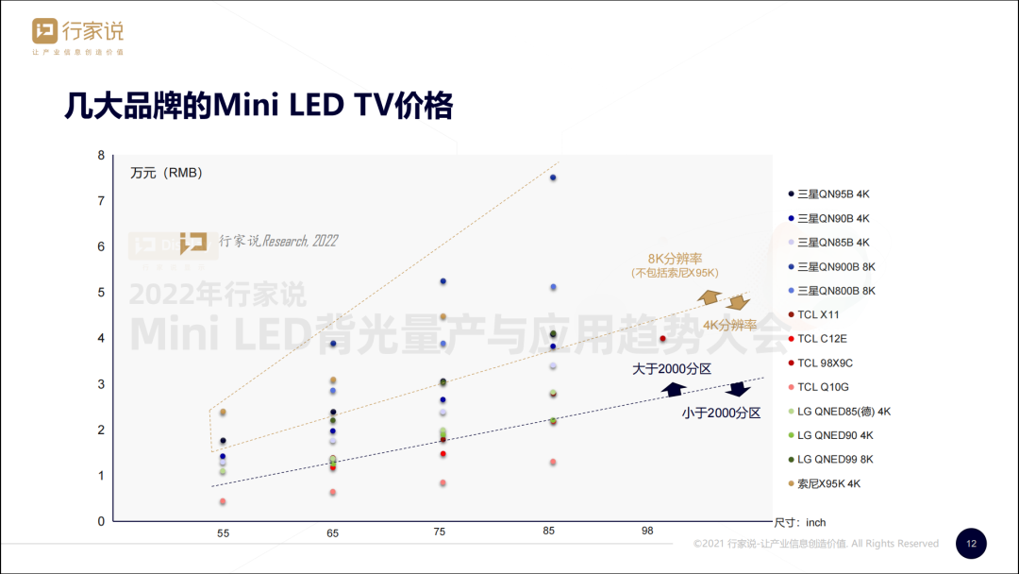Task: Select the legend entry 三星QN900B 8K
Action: point(836,266)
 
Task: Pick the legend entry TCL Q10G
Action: point(824,387)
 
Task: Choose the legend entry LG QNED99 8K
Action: point(835,460)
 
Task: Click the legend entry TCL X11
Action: point(818,314)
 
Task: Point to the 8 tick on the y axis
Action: point(101,155)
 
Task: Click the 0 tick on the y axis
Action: point(101,521)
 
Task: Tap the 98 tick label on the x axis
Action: point(647,532)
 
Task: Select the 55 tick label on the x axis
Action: point(223,533)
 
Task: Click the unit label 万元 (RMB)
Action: point(166,173)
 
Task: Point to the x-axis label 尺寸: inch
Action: point(799,522)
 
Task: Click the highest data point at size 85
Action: point(553,177)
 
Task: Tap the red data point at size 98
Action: point(662,339)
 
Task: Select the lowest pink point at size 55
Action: point(223,501)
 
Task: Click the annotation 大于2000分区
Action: point(671,369)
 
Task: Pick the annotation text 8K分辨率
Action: point(674,259)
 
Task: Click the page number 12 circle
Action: point(971,544)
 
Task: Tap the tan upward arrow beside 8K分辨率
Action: point(709,298)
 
